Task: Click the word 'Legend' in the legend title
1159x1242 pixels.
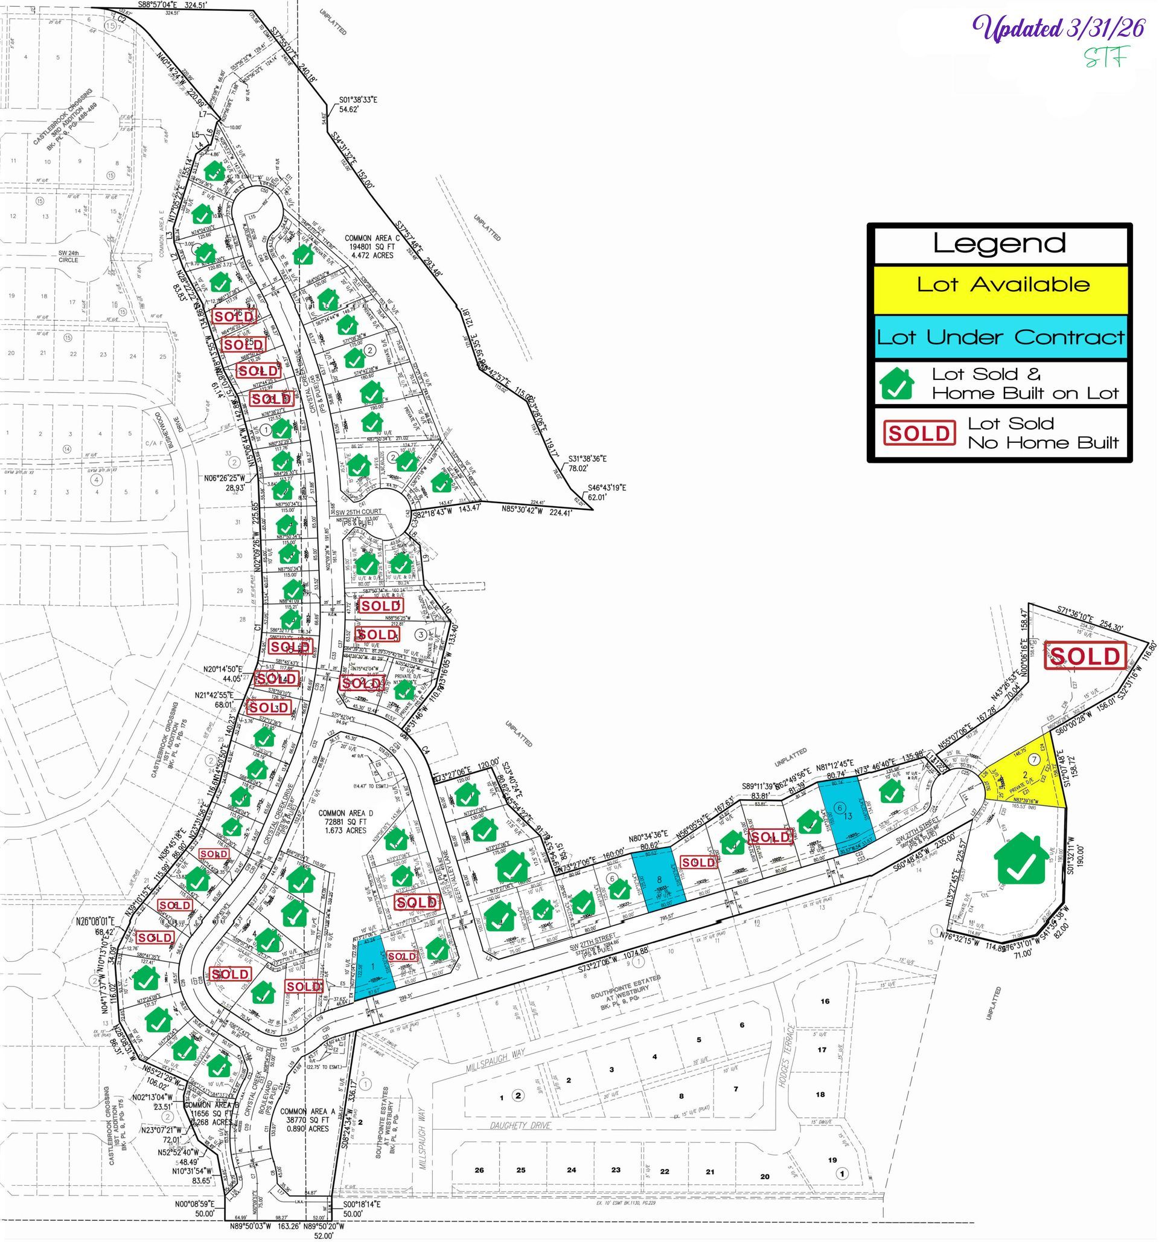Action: point(999,243)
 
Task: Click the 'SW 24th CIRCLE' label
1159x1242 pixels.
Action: point(68,256)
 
